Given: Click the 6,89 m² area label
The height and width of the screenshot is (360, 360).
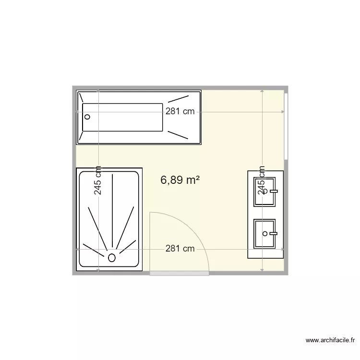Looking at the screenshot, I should tap(180, 180).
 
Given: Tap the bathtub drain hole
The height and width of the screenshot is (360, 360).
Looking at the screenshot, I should tap(87, 117).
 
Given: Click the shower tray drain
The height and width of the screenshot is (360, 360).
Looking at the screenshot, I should tap(112, 257).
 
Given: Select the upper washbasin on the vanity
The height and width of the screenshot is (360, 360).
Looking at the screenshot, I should tap(265, 192).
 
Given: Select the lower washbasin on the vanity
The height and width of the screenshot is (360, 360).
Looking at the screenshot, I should tap(265, 234).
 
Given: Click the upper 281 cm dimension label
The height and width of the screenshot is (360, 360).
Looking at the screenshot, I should tap(180, 111).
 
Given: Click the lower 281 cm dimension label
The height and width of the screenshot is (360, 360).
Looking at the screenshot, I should tap(180, 249).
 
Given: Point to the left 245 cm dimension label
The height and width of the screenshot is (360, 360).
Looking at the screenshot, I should tap(98, 180).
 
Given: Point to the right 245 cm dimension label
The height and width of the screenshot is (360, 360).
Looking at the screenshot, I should tap(262, 180).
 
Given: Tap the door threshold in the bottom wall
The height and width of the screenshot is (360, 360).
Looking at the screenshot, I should tap(179, 273).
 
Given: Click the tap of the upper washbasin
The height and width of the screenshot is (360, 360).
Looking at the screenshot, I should tap(274, 191).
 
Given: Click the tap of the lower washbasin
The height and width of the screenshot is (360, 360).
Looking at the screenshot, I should tap(274, 234).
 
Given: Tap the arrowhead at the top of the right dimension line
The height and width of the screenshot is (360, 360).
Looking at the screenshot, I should tap(262, 90).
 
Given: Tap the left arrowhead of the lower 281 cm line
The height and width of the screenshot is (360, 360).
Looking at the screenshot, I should tap(78, 249).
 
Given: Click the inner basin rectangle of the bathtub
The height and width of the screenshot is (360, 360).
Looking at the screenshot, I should tap(124, 117).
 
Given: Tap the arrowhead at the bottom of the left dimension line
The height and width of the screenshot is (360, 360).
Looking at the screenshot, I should tap(98, 270).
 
